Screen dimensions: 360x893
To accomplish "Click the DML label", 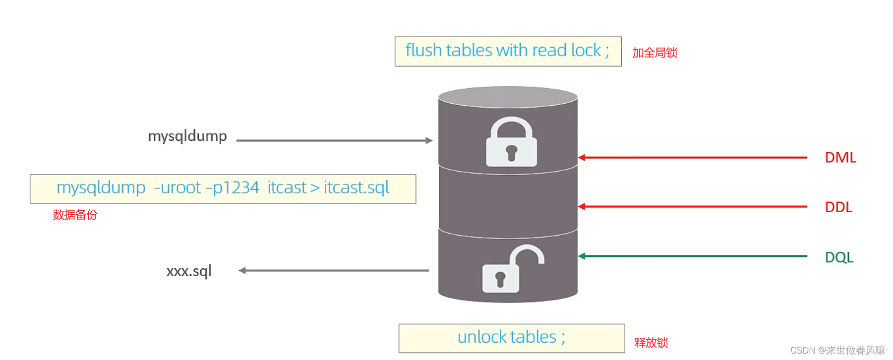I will pos(840,158).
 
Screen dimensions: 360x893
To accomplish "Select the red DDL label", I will pos(838,207).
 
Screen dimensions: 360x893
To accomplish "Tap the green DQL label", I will pos(838,257).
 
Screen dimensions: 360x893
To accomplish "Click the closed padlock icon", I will pos(511,142).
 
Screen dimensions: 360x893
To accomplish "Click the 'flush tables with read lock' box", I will pos(508,51).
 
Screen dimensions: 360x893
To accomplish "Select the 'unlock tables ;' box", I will pos(511,338).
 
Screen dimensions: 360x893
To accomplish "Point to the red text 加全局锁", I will pos(655,53).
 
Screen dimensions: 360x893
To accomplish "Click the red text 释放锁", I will pos(651,343).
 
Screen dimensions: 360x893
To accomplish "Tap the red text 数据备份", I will pos(75,215).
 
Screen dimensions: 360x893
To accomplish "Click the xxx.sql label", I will pos(189,271).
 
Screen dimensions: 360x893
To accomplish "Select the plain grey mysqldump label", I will pos(187,136).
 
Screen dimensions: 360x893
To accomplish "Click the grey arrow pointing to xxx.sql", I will pos(334,270).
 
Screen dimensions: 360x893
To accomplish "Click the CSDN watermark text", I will pos(837,350).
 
